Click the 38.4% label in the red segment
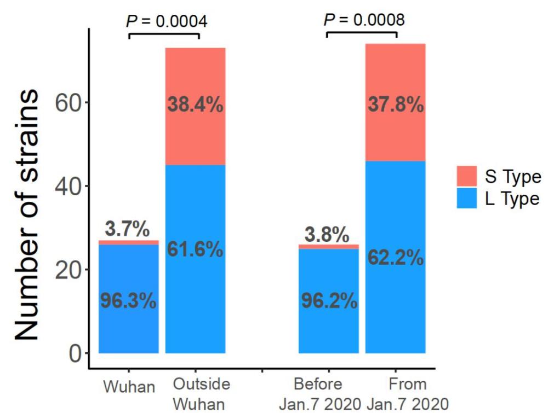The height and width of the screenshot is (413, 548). pos(196,105)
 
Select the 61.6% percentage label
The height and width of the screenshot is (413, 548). pos(196,249)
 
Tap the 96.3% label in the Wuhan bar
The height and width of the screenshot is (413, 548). pos(129,301)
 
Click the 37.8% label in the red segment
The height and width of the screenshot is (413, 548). pos(396,105)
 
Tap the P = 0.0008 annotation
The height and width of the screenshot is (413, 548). pos(364,20)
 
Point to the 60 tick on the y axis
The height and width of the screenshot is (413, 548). pos(69,102)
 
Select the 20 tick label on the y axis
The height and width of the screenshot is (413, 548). pos(69,270)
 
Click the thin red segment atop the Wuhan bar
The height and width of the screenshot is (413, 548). pos(129,242)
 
